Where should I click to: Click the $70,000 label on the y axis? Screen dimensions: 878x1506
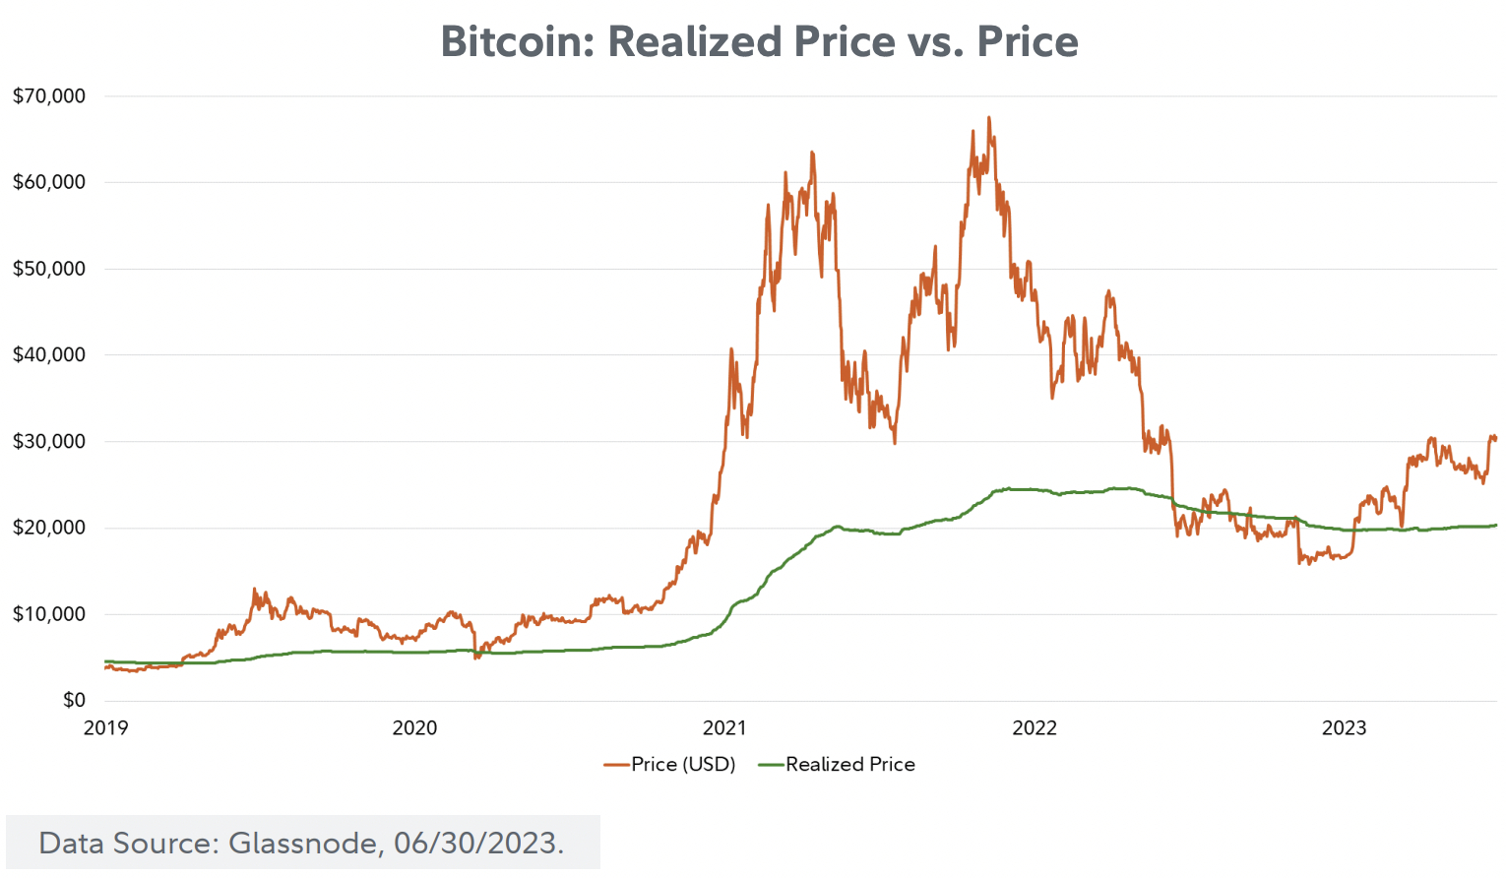point(49,96)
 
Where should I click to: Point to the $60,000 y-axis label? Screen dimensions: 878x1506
point(49,182)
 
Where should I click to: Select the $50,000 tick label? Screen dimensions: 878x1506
point(49,269)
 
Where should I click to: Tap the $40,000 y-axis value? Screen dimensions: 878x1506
point(49,354)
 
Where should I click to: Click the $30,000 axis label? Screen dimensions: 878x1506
point(49,441)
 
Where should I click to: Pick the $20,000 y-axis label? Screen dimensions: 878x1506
point(49,528)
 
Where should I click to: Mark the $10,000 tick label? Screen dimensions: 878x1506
point(49,614)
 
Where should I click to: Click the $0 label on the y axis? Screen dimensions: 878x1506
point(74,700)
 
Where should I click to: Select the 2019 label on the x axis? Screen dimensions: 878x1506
point(105,728)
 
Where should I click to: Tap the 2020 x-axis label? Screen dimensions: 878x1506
point(414,728)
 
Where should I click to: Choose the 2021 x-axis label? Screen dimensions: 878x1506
point(724,728)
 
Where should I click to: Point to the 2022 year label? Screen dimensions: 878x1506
point(1035,728)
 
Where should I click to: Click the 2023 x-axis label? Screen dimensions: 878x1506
point(1344,728)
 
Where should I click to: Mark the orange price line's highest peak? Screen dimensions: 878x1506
point(988,117)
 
